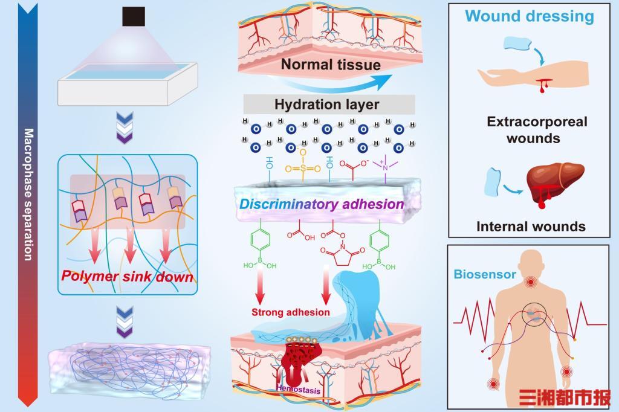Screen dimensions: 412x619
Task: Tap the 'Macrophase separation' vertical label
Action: point(28,193)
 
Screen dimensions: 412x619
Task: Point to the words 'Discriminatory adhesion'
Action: point(322,204)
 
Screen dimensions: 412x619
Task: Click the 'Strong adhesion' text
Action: point(291,312)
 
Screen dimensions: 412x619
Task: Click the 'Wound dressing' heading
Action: point(530,16)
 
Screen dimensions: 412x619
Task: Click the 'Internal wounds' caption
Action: point(531,227)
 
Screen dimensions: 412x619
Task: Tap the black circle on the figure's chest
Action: point(536,313)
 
